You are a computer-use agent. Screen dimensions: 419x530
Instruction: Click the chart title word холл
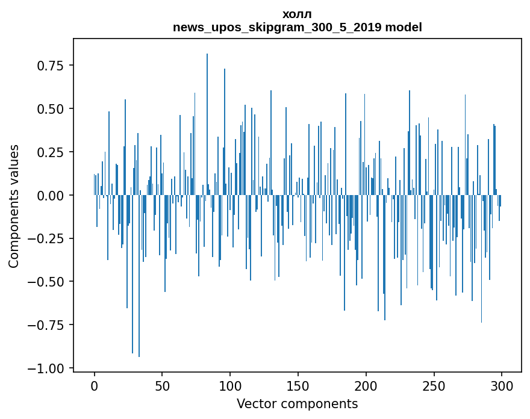pyautogui.click(x=297, y=14)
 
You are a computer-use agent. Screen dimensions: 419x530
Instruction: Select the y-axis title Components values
pyautogui.click(x=14, y=206)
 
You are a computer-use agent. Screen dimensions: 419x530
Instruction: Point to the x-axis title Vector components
pyautogui.click(x=297, y=404)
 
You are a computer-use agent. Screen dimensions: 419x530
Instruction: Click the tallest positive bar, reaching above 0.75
pyautogui.click(x=207, y=120)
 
